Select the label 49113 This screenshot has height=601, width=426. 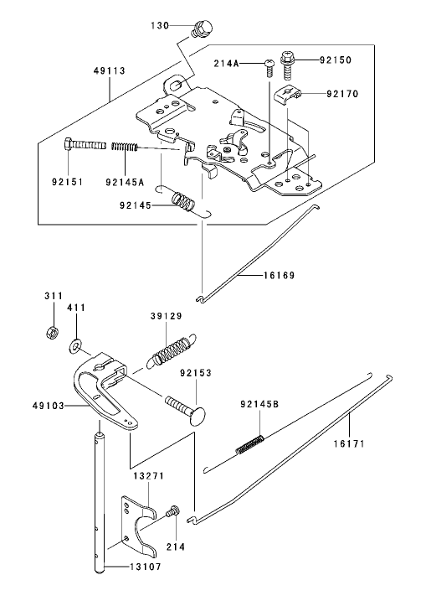[x=109, y=72]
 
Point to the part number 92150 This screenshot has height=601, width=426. [x=336, y=60]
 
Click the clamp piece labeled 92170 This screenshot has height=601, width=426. [x=286, y=94]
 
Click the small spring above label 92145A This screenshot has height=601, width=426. [x=124, y=148]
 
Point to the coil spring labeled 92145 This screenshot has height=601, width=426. [x=183, y=202]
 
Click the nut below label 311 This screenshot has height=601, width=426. [x=50, y=329]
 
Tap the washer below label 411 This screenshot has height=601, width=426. [x=76, y=344]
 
